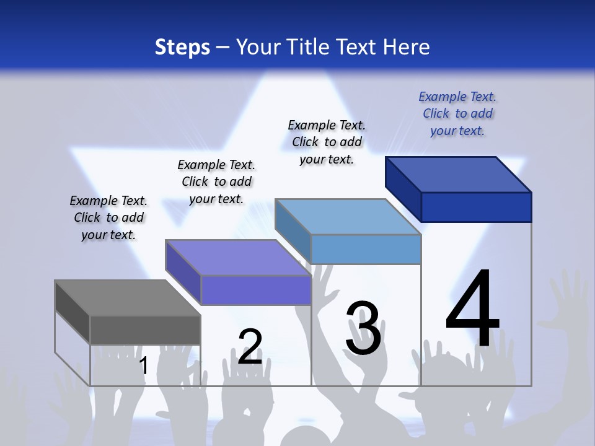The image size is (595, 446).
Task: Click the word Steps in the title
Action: point(182,47)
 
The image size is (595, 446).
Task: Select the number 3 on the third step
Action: point(363,328)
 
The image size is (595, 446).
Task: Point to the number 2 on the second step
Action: point(250,347)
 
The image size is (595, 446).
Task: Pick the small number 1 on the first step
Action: point(144,365)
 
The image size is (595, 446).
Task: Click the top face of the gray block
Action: point(127,298)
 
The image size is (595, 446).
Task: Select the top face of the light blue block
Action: point(348,217)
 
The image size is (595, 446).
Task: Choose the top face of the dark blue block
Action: point(459,174)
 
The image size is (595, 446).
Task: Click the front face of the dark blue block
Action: point(476,207)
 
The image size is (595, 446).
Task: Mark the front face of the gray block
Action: point(145,330)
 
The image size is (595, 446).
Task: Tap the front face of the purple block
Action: point(255,290)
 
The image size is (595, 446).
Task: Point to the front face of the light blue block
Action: point(366,249)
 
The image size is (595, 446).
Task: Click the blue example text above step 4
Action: point(457,113)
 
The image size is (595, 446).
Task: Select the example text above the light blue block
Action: point(327,142)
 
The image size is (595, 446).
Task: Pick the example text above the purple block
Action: point(216,181)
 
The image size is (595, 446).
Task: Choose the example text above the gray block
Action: point(108,217)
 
